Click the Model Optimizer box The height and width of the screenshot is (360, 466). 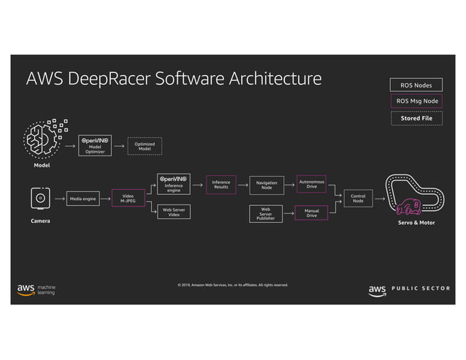pos(95,145)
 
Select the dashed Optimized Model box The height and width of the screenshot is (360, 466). pos(145,146)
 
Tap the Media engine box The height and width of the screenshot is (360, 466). pos(83,198)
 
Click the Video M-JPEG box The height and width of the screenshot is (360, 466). pos(128,198)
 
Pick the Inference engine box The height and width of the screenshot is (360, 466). pos(174,184)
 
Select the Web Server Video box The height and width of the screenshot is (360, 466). pos(174,212)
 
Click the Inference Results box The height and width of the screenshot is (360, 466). pos(221,185)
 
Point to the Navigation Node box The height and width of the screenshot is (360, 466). pos(267,185)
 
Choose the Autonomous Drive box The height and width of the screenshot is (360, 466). pos(312,184)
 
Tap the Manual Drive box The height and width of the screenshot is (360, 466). pos(312,212)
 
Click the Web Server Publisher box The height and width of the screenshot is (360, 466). pos(267,213)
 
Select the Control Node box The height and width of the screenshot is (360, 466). pos(358,198)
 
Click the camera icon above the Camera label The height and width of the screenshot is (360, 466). pos(41,198)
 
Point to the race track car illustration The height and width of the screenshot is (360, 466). pos(414,196)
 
